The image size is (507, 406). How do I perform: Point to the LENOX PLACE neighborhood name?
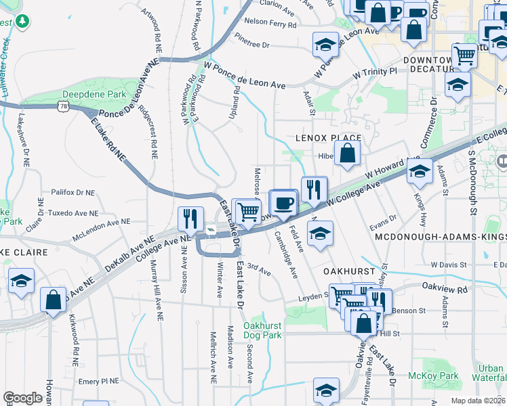329,138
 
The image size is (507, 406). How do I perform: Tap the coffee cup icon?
284,202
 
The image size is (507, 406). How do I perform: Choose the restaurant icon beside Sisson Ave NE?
191,218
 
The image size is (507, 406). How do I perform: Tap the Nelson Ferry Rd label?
270,24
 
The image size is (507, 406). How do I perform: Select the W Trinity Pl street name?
373,72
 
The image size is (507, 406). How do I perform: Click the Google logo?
22,398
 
